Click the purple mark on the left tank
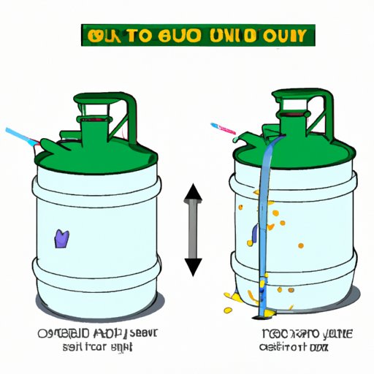coord(61,237)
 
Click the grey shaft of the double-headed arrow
coord(193,230)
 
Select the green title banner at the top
coord(186,34)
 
